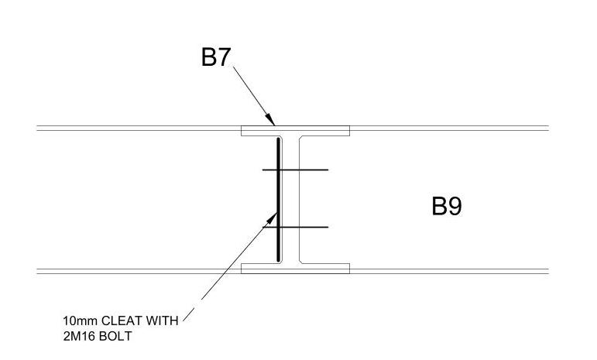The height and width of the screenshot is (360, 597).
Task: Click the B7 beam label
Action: point(216,57)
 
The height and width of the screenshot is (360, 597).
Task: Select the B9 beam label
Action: point(447,207)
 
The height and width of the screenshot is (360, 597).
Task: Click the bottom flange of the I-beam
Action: point(295,269)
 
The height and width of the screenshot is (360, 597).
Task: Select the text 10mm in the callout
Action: point(77,320)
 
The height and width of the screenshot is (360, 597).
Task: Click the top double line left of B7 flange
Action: point(139,128)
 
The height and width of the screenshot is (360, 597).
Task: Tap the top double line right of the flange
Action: point(449,128)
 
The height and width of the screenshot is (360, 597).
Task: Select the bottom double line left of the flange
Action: point(139,271)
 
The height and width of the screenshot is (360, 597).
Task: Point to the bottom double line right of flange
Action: point(449,271)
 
